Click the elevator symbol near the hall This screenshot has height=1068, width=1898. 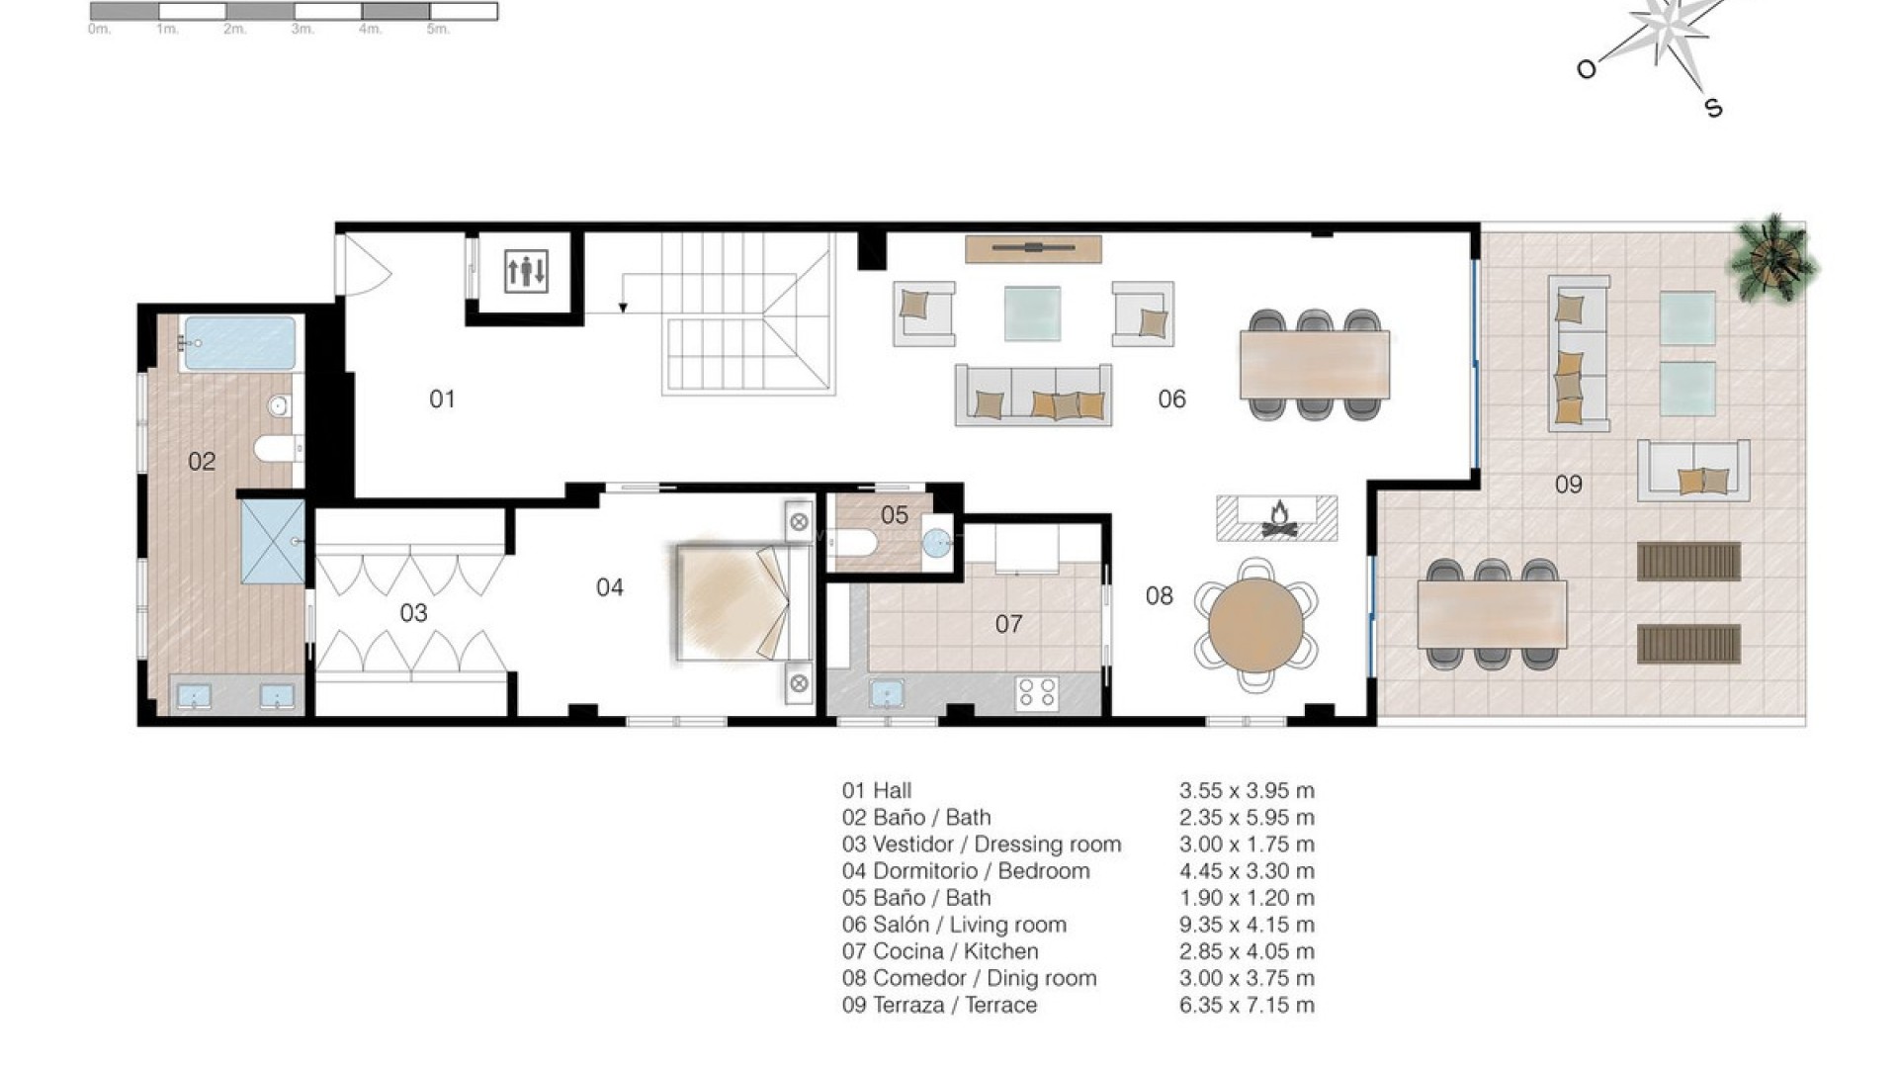coord(525,271)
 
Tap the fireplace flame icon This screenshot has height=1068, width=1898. coord(1277,515)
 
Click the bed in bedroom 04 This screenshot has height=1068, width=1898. coord(736,600)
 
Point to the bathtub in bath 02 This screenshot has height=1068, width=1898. coord(239,343)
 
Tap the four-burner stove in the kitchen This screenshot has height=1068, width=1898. coord(1037,691)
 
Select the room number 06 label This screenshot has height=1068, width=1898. coord(1171,399)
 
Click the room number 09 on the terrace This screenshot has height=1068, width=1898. coord(1568,484)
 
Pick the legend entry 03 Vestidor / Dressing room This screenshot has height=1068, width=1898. coord(982,845)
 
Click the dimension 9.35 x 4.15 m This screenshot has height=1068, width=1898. coord(1247,925)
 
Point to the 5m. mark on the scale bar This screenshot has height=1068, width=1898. coord(438,30)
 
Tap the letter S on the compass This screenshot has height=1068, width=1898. coord(1714,108)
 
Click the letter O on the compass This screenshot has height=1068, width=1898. coord(1586,68)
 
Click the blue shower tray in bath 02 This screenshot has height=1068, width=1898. coord(273,541)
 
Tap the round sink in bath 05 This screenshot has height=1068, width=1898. coord(935,541)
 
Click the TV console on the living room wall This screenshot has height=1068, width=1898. coord(1033,248)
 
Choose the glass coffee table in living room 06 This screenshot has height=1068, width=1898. coord(1032,313)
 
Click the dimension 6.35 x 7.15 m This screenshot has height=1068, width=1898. coord(1247,1005)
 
